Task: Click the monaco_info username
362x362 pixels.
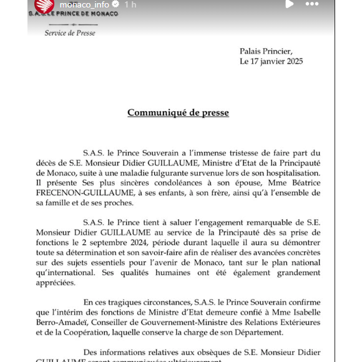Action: [84, 4]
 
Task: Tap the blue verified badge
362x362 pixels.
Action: [115, 4]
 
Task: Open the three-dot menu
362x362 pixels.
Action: [312, 4]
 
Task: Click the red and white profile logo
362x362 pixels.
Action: [44, 5]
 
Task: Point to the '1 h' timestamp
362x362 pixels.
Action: [130, 4]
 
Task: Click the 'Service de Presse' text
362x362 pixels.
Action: [70, 32]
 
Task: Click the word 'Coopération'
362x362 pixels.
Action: [84, 332]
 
